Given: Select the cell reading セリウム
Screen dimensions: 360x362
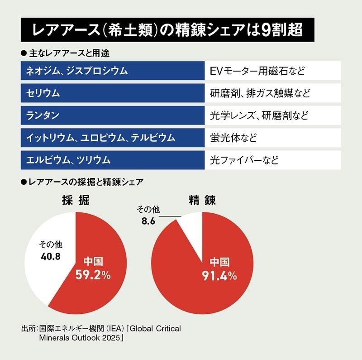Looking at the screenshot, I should [x=113, y=94].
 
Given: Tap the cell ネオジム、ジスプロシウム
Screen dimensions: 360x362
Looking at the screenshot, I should [x=113, y=72].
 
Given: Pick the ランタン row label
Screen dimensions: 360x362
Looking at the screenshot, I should [x=113, y=115].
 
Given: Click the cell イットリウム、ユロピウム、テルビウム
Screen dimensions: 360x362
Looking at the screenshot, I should [x=113, y=138].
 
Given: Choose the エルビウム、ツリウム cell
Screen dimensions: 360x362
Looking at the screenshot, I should [x=113, y=159].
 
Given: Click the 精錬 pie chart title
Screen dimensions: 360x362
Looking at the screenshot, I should [x=202, y=200].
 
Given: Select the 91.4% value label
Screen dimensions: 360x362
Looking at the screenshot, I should [x=219, y=274].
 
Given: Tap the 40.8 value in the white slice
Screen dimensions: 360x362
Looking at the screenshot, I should [x=49, y=256].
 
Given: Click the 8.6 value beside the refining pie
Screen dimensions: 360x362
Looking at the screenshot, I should [x=148, y=221].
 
